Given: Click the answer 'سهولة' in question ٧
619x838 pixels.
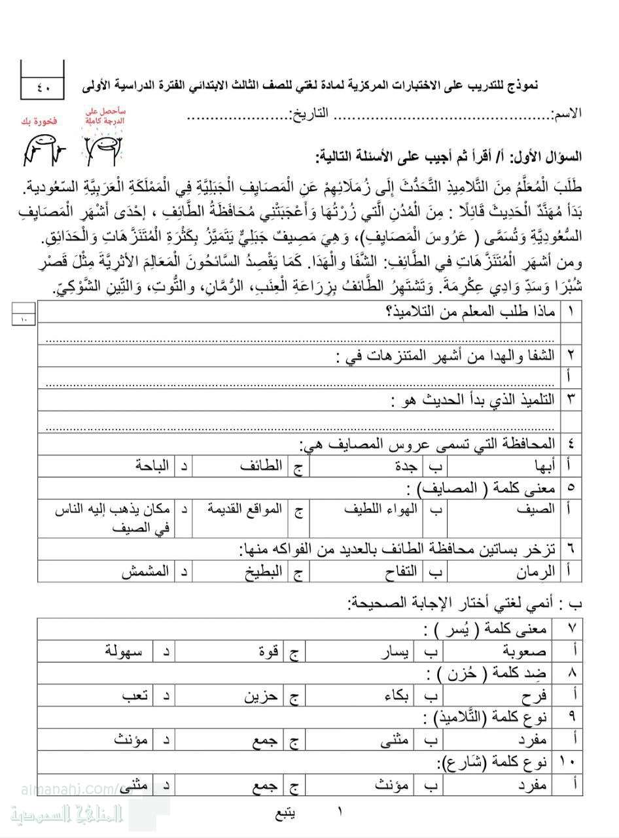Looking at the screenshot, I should click(x=127, y=651).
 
